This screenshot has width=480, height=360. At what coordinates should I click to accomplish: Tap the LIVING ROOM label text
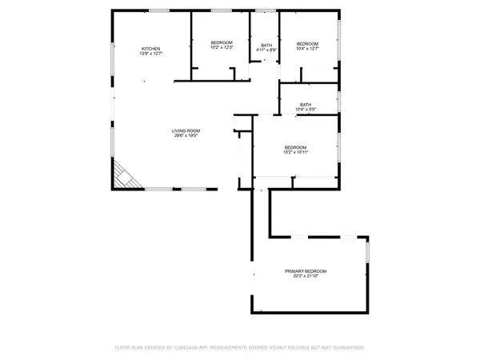186,130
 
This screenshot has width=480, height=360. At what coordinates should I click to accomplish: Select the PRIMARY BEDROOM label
306,271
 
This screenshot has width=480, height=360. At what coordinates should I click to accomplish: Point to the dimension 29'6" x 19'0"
186,136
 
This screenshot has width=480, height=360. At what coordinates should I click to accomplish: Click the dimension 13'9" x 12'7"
151,54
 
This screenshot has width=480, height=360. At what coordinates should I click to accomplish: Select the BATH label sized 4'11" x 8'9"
266,45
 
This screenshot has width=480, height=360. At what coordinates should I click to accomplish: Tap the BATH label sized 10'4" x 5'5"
306,104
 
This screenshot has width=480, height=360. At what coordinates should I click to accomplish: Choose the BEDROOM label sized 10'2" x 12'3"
222,42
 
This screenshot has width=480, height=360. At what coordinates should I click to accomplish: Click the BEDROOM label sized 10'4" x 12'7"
307,43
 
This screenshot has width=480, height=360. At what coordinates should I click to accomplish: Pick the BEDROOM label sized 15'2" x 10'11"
296,146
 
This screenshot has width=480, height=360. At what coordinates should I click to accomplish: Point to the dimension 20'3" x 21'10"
306,277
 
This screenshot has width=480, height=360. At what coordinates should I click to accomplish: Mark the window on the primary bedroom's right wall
368,251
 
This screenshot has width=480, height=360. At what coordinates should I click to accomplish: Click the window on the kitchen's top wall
157,10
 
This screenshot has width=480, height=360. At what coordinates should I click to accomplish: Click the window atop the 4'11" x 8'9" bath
265,10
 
